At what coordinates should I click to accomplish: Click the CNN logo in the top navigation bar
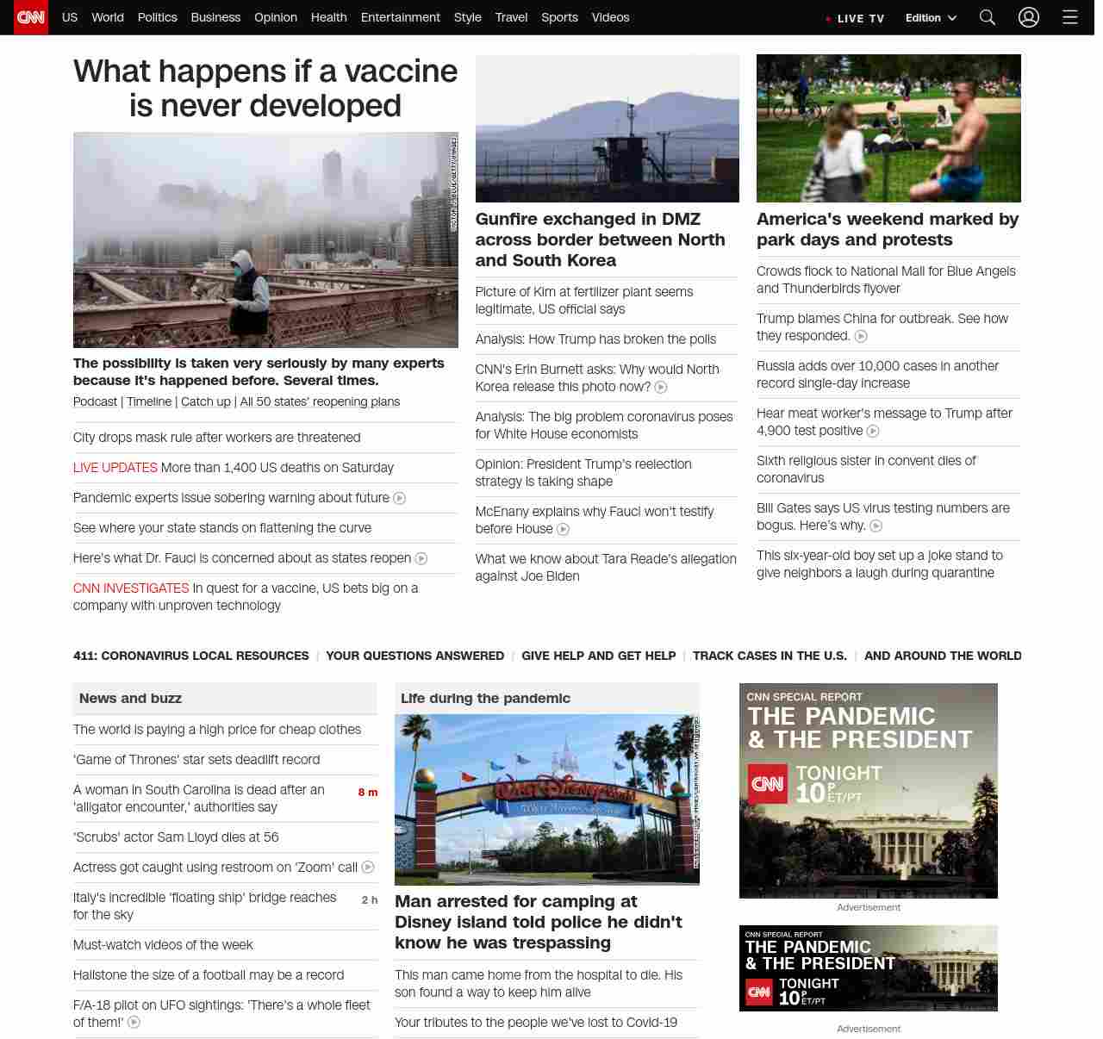point(31,17)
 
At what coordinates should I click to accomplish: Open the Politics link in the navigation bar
point(157,17)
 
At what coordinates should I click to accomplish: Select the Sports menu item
point(559,17)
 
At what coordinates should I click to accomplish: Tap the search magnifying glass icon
point(988,17)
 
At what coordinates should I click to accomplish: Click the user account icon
point(1029,17)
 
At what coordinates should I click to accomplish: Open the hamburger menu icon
point(1070,17)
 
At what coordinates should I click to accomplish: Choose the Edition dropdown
point(931,17)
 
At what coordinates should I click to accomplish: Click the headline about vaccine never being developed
point(265,88)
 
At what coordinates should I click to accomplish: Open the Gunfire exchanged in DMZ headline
point(600,240)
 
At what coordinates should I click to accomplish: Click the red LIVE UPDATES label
point(115,468)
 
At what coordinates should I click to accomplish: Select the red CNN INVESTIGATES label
point(131,588)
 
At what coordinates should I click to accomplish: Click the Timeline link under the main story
point(149,402)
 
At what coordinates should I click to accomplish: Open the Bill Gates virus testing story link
point(882,517)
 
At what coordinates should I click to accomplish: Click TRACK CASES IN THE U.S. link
point(770,656)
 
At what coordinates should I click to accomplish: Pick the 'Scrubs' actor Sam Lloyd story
point(176,837)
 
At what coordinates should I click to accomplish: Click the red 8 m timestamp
point(368,793)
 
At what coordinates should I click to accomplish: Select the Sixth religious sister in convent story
point(865,470)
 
